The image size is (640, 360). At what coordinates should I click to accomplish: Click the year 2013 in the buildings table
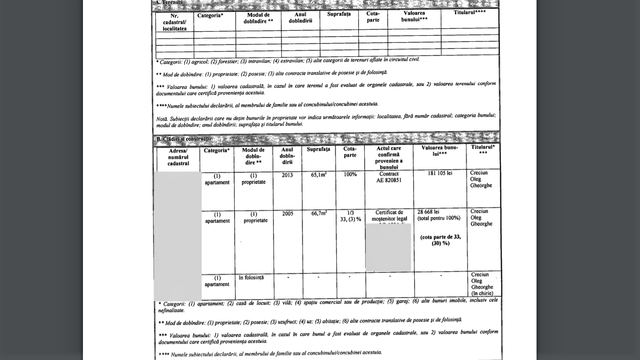287,175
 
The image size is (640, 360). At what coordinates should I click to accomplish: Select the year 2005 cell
288,214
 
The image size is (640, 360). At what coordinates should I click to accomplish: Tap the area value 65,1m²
318,175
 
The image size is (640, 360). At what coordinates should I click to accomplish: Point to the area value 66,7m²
319,213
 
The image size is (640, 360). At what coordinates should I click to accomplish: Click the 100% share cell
350,175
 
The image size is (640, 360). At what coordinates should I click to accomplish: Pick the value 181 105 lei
440,173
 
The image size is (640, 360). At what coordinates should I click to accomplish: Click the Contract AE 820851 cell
389,177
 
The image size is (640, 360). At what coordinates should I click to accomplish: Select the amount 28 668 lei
428,212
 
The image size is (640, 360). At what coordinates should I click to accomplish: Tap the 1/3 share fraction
350,213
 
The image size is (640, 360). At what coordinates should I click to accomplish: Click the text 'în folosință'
251,278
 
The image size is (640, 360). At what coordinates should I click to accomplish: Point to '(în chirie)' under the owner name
482,294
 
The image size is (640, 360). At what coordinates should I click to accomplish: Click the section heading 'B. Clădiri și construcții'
184,139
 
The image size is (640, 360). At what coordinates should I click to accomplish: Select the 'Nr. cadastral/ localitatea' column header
175,22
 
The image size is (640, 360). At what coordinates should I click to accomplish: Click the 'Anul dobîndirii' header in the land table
301,18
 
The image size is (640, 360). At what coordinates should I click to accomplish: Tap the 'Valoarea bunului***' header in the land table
414,16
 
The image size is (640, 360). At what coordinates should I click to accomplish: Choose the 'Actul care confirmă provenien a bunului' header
389,158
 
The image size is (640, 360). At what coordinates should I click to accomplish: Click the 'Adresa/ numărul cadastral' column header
178,157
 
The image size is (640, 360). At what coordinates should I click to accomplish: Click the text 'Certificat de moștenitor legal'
389,216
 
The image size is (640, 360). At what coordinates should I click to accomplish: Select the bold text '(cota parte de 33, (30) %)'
441,240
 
